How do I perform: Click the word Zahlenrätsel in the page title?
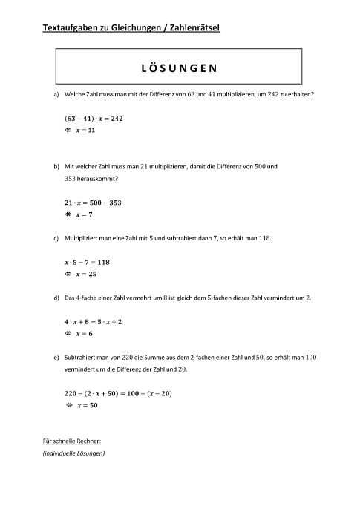(195, 28)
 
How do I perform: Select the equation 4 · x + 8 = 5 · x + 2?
(94, 322)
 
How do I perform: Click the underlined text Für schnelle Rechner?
(72, 441)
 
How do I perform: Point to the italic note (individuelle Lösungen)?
(74, 453)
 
